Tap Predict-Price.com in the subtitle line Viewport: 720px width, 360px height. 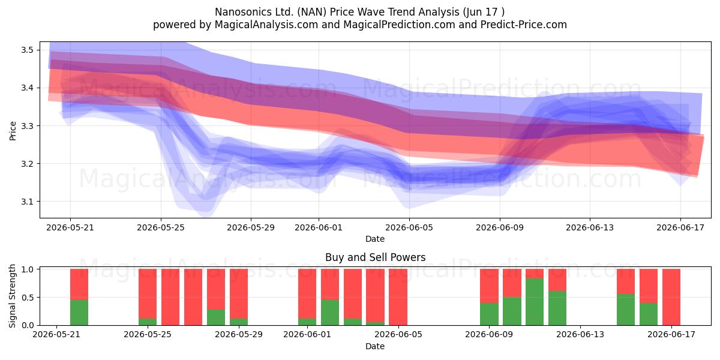coord(524,25)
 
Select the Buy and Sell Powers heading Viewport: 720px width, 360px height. coord(375,257)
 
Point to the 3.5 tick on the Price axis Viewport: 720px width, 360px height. coord(28,50)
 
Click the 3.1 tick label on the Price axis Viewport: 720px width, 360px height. coord(28,202)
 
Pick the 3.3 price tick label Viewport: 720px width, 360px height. coord(28,125)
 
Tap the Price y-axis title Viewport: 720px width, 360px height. coord(13,131)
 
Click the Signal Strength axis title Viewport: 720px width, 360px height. coord(12,296)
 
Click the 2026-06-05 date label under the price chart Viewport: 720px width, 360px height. coord(409,227)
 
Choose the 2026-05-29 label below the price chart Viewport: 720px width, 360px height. coord(251,227)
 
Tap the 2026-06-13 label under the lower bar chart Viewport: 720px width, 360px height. coord(580,334)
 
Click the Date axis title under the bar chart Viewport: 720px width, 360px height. coord(375,346)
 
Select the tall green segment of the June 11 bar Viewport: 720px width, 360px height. coord(535,302)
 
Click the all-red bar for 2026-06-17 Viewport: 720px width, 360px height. coord(671,297)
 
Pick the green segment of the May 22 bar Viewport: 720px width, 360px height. coord(79,313)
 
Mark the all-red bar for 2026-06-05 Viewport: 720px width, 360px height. coord(398,297)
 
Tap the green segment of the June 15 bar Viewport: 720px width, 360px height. coord(626,310)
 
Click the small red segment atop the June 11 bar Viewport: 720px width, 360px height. coord(535,274)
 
